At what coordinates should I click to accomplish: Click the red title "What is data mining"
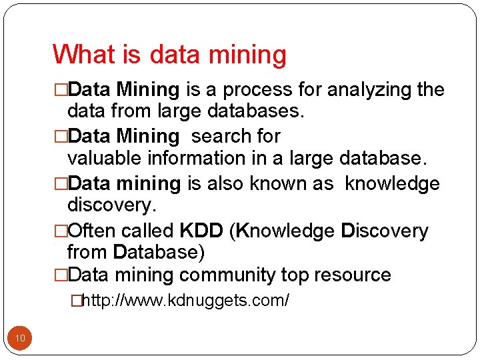169,55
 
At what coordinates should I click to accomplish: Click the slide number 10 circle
20,339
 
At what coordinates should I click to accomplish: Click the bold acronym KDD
201,231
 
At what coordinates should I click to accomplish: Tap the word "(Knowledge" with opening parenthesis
282,231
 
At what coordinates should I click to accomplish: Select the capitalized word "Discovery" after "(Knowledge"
385,231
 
